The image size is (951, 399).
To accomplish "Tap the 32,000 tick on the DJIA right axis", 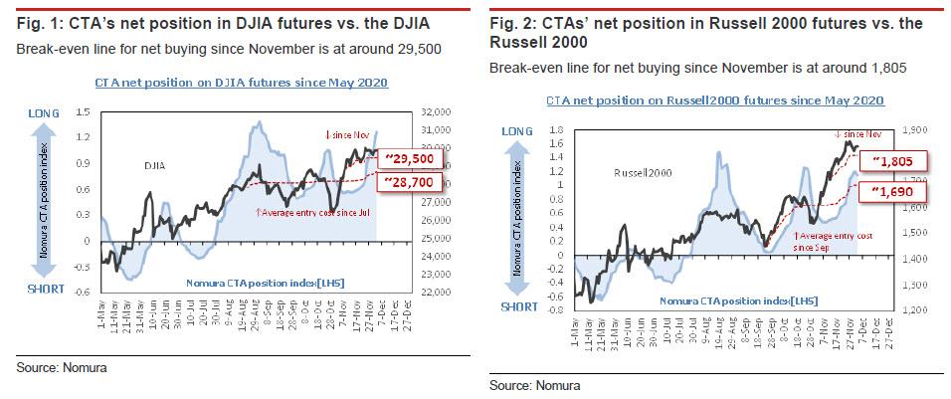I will (438, 112).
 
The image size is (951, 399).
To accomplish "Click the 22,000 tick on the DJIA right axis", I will (438, 294).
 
